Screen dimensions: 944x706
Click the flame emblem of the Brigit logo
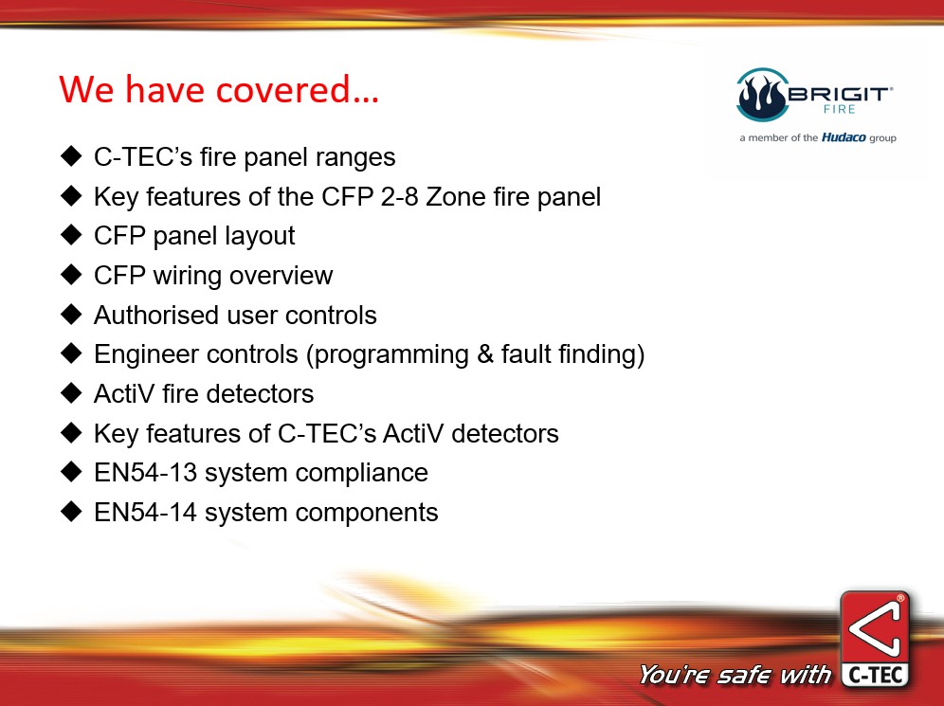pyautogui.click(x=762, y=95)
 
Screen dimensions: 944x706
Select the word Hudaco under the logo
pyautogui.click(x=844, y=137)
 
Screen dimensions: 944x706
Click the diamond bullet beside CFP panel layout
pyautogui.click(x=71, y=235)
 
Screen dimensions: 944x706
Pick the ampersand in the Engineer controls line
pyautogui.click(x=485, y=353)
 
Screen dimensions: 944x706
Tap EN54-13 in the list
pyautogui.click(x=146, y=473)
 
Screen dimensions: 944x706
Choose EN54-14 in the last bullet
pyautogui.click(x=146, y=512)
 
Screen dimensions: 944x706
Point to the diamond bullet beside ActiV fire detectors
pyautogui.click(x=71, y=393)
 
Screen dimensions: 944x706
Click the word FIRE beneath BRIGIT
pyautogui.click(x=839, y=110)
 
